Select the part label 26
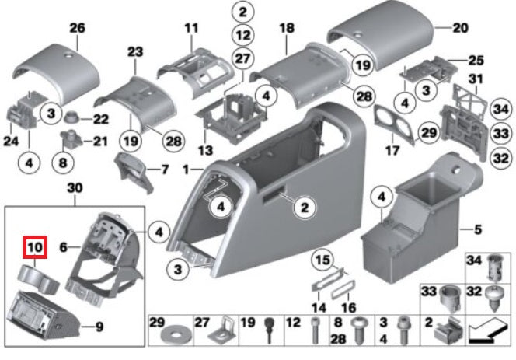pyautogui.click(x=77, y=28)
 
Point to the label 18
pyautogui.click(x=287, y=28)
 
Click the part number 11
pyautogui.click(x=192, y=28)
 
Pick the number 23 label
pyautogui.click(x=136, y=52)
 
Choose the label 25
pyautogui.click(x=476, y=60)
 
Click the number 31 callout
pyautogui.click(x=476, y=78)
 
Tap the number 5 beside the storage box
pyautogui.click(x=479, y=229)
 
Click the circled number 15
pyautogui.click(x=322, y=257)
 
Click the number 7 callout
pyautogui.click(x=164, y=169)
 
